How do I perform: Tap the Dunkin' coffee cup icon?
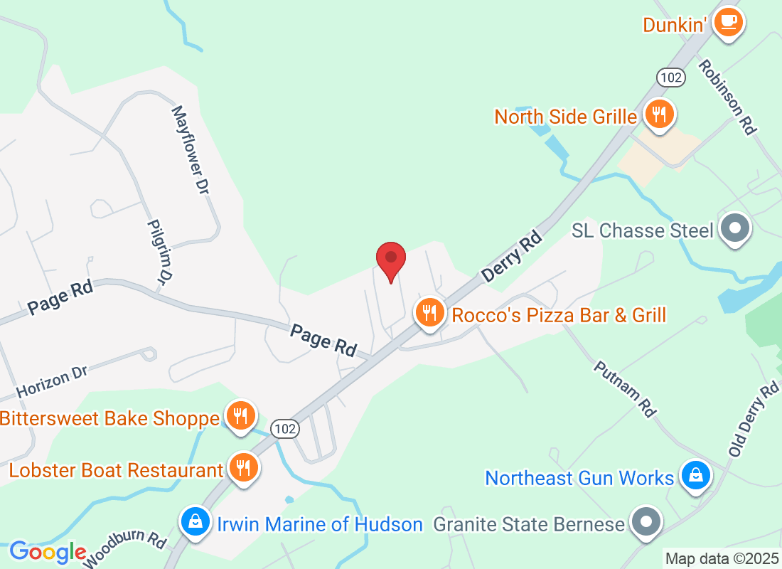click(728, 22)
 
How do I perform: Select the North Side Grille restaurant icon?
click(659, 113)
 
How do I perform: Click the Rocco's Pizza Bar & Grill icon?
click(429, 312)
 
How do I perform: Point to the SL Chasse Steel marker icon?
click(735, 229)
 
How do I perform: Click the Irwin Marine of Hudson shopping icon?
click(194, 522)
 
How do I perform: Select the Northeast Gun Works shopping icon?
click(695, 475)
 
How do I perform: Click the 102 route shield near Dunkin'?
click(670, 78)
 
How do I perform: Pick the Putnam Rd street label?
click(623, 388)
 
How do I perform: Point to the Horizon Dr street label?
click(50, 382)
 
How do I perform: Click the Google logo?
click(48, 552)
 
